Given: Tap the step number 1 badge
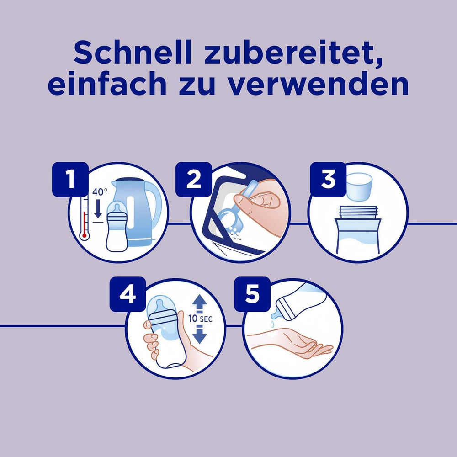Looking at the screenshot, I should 70,180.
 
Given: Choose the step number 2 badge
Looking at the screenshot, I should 194,180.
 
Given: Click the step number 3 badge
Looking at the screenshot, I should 328,180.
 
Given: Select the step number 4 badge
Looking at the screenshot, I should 128,294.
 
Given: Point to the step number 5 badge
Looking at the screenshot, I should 252,294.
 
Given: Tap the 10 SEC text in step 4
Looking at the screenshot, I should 199,319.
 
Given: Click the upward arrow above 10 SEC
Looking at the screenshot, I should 199,302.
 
